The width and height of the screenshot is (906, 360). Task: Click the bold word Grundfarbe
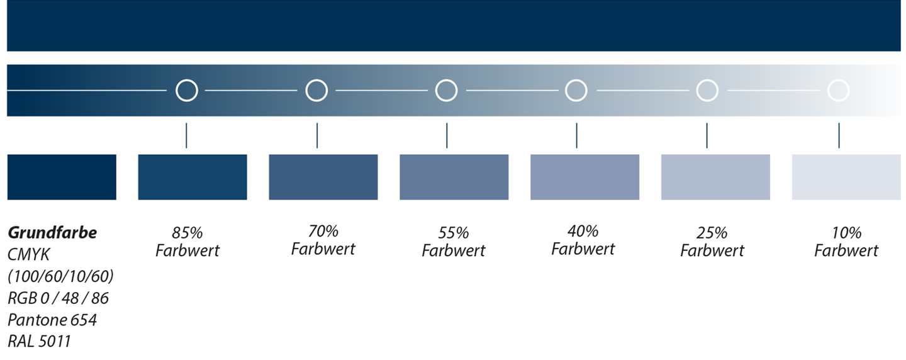52,233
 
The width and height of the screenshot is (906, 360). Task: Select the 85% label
187,233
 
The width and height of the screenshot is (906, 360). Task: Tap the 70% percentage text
323,231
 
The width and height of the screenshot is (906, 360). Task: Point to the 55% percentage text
454,233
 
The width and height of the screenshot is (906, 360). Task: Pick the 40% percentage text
583,231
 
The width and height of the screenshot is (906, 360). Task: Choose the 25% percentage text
712,233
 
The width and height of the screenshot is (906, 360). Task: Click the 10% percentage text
847,233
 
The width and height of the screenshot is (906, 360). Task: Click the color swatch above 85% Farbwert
193,177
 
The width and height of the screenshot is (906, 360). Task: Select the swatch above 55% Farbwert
454,177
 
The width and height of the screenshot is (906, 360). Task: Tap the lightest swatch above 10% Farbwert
846,177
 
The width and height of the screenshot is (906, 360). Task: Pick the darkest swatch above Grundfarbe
62,177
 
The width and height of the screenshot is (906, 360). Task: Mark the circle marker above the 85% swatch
187,79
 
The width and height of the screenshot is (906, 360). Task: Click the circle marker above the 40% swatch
576,79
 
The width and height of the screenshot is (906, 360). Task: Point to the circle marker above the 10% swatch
839,79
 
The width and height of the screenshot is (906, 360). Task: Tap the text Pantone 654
52,320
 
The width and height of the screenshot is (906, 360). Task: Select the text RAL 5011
39,341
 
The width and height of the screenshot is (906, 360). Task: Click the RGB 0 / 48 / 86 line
59,298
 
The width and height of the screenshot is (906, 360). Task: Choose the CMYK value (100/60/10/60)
60,276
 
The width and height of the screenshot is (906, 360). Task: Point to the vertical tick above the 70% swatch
317,135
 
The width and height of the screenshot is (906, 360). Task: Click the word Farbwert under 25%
712,250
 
